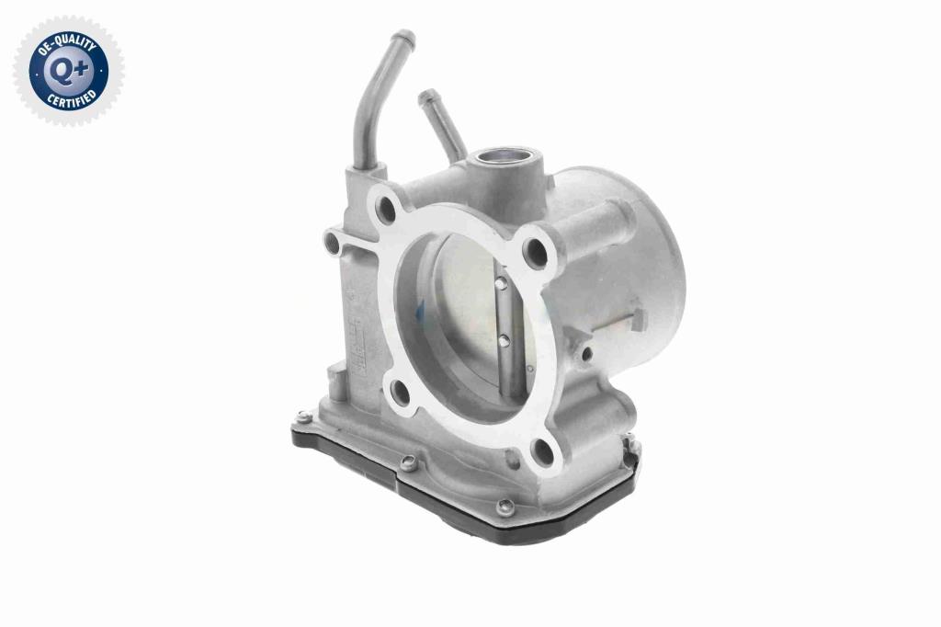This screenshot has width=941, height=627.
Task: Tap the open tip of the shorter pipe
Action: click(427, 97)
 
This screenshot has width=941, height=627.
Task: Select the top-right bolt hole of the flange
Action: click(536, 253)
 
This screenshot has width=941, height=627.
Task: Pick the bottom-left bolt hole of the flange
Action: click(401, 393)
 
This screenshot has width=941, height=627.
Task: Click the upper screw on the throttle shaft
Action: click(500, 283)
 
